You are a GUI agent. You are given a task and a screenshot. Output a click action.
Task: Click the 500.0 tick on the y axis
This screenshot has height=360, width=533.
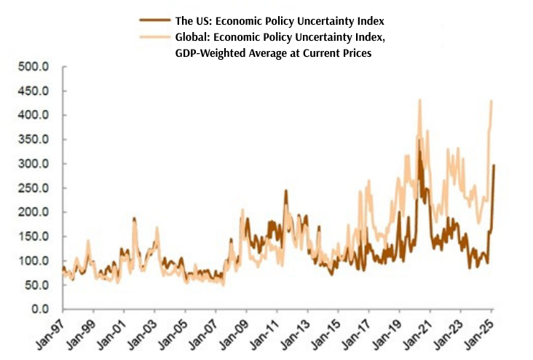click(36, 67)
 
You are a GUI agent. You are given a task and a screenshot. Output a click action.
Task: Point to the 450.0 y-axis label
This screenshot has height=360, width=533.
click(36, 91)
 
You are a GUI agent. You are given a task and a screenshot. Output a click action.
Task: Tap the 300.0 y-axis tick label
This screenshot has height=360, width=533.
click(36, 164)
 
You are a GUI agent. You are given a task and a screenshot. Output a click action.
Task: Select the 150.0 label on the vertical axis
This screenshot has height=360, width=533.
click(36, 237)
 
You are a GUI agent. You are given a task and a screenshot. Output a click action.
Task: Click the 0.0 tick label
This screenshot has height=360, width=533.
click(42, 310)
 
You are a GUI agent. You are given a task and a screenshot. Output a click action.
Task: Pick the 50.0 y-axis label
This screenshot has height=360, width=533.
click(38, 286)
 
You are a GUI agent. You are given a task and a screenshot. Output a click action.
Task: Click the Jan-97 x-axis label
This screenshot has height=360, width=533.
click(49, 332)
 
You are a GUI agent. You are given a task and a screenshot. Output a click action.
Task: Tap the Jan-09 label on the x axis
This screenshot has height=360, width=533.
click(233, 332)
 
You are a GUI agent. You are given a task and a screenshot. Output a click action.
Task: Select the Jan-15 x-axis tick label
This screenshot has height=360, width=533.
click(325, 332)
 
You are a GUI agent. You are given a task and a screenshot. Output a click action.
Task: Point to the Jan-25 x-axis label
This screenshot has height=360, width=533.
click(478, 332)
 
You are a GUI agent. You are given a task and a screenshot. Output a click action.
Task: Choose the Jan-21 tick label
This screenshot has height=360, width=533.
click(417, 332)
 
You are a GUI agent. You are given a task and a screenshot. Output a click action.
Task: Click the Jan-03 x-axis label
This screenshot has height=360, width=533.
click(141, 332)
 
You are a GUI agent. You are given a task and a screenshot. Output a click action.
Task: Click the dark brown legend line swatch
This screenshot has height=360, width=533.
click(159, 20)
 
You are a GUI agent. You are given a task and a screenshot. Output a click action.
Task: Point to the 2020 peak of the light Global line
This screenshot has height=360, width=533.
click(419, 100)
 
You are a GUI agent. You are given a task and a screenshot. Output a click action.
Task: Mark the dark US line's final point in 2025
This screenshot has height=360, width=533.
click(494, 165)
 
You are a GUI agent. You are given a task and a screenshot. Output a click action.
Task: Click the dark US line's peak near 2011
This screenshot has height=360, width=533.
click(285, 191)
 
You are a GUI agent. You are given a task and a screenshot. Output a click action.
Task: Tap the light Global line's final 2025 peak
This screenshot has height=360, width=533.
click(491, 101)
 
